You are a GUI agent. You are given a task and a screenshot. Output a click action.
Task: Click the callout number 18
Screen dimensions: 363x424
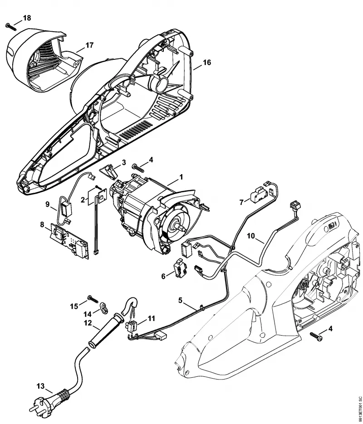click(x=27, y=18)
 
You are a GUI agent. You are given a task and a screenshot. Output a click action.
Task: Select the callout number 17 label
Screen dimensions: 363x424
click(x=89, y=45)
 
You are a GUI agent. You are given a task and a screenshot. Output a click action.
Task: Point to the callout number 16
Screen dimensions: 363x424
click(x=206, y=63)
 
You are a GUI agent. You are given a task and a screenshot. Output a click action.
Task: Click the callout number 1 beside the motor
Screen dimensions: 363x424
click(x=181, y=177)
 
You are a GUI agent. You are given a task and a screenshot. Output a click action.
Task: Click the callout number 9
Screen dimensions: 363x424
click(x=48, y=204)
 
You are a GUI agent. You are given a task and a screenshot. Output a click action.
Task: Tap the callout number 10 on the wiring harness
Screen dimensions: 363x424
click(x=251, y=236)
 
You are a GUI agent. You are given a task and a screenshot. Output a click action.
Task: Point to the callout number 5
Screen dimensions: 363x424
click(x=181, y=300)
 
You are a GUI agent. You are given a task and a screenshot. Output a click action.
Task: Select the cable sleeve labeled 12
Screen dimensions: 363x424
click(x=105, y=331)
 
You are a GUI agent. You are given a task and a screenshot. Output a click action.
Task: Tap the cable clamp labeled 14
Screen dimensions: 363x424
click(x=104, y=307)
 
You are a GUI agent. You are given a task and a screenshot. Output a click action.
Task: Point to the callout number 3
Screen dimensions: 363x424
click(x=124, y=162)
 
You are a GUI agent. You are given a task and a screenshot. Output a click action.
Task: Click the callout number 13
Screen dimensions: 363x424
click(x=40, y=386)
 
